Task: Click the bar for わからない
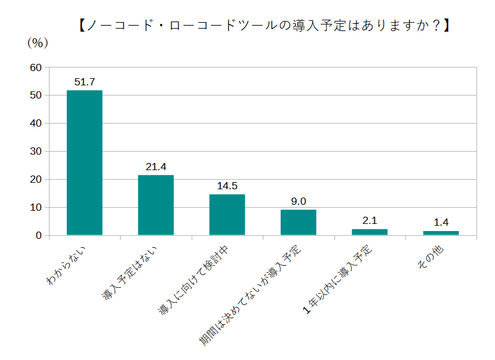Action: click(84, 162)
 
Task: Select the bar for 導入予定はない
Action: click(156, 205)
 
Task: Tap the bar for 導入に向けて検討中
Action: click(227, 214)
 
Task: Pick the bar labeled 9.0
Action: click(299, 222)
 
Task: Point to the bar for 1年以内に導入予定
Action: click(370, 232)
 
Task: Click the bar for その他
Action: click(441, 233)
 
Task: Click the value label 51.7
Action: click(85, 82)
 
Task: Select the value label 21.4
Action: click(156, 167)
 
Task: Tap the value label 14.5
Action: click(227, 186)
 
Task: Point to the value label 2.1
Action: click(370, 221)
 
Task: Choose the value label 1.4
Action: click(441, 223)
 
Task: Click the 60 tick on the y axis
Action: click(35, 67)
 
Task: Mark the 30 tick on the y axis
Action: click(35, 152)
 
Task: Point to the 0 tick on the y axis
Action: click(38, 236)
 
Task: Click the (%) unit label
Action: click(37, 43)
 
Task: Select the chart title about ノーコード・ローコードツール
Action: click(263, 26)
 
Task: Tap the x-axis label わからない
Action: click(67, 264)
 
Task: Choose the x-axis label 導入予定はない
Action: click(131, 272)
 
